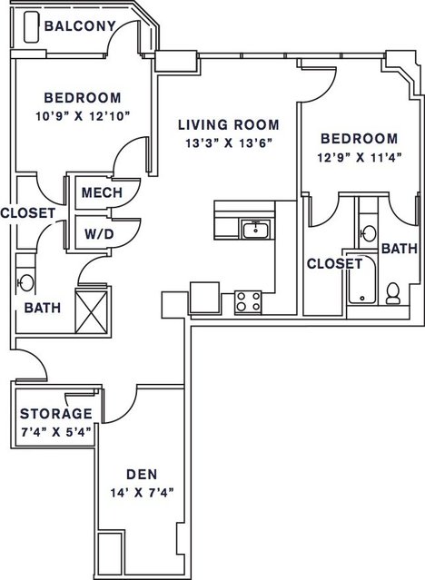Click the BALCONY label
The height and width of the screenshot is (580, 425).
pos(80,26)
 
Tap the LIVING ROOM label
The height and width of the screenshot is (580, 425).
pos(229,124)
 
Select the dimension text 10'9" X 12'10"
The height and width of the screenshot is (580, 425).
pos(83,116)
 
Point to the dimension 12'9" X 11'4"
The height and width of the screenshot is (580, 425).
pos(360,158)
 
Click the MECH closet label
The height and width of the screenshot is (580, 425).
pos(102,192)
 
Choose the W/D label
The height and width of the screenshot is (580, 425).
pos(99,234)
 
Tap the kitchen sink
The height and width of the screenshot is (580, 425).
pos(255,229)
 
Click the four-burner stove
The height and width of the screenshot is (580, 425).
pos(248,301)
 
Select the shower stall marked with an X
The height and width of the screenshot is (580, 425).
pos(91,311)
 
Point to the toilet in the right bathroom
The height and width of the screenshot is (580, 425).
pos(392,293)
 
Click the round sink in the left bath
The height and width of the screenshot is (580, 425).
pos(26,283)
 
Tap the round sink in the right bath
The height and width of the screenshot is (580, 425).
pos(368,233)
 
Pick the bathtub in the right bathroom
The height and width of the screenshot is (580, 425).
pos(361,280)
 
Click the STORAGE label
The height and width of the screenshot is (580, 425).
pos(56,414)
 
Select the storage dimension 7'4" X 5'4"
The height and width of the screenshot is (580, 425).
pos(56,432)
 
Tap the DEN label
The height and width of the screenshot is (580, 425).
pos(142,474)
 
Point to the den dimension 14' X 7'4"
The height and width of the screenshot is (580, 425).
pos(143,493)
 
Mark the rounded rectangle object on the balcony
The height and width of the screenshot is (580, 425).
pos(32,27)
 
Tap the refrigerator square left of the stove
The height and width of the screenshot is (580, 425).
pos(204,298)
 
